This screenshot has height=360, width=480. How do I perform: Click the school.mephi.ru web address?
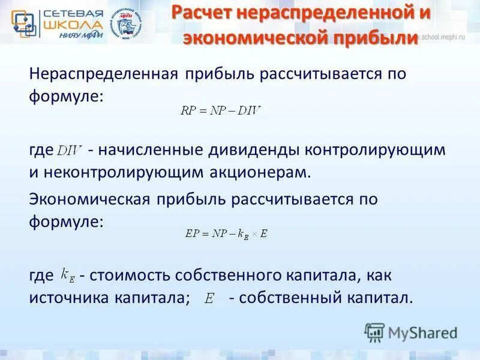point(447,37)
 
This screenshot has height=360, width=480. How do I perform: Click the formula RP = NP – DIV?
point(221,110)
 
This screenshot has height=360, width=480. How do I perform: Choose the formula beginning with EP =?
point(226,234)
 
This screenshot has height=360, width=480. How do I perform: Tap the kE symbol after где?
point(68,275)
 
